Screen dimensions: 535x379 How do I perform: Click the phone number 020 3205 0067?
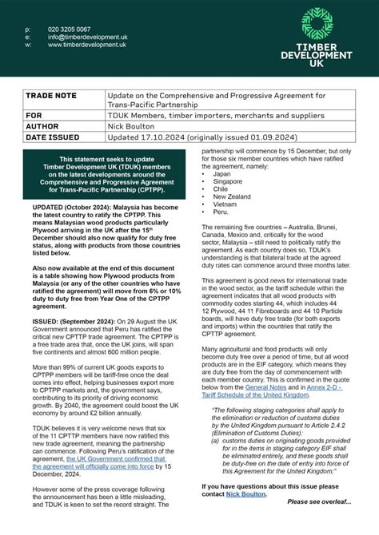pyautogui.click(x=69, y=30)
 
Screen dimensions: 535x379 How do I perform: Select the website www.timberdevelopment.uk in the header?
pyautogui.click(x=86, y=46)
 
